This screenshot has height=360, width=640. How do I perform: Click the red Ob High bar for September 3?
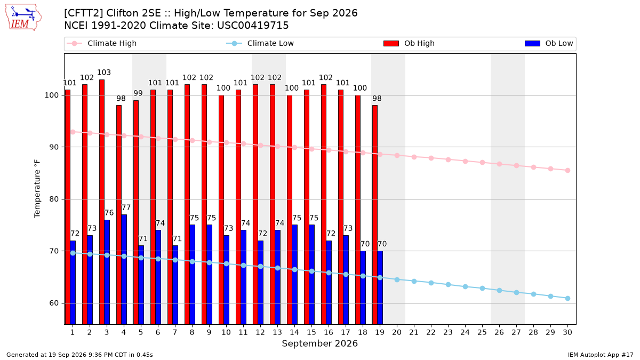click(102, 202)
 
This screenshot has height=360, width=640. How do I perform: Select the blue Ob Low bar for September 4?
click(124, 269)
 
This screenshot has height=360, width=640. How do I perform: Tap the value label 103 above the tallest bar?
click(103, 73)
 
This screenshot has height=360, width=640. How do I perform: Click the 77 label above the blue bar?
click(126, 207)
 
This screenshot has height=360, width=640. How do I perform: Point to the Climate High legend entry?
click(101, 43)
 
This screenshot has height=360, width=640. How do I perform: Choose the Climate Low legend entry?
click(260, 43)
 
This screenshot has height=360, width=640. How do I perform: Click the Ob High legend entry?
click(409, 43)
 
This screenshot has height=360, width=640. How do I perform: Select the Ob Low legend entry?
click(549, 43)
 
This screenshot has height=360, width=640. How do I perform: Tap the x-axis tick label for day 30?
click(567, 332)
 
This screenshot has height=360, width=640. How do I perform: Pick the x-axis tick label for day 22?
click(431, 332)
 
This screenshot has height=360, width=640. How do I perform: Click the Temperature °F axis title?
click(37, 189)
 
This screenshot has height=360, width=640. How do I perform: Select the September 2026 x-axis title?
click(319, 343)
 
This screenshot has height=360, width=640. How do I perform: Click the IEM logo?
click(23, 18)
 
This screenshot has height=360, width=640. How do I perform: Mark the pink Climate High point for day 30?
click(567, 171)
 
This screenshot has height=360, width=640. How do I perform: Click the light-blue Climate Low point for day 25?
click(482, 289)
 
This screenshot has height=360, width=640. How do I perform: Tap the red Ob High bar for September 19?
click(375, 215)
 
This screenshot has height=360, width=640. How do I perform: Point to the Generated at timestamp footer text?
click(79, 355)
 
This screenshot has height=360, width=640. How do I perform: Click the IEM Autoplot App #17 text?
click(601, 355)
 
